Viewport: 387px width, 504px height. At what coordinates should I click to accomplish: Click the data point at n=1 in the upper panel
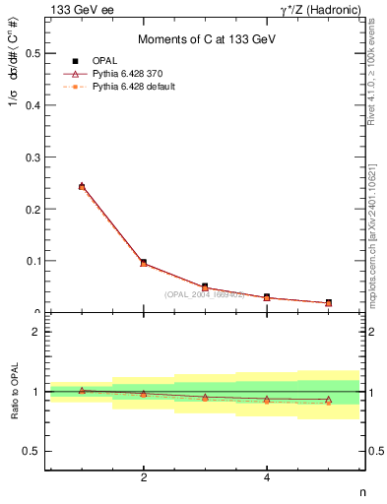coord(82,186)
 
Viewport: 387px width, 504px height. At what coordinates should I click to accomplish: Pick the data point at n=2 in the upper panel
coord(144,263)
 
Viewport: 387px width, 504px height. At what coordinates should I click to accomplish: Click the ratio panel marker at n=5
coord(328,401)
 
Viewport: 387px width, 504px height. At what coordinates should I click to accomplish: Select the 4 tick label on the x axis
coord(267,478)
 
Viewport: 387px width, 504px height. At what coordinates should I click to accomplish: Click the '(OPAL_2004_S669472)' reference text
coord(205,294)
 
